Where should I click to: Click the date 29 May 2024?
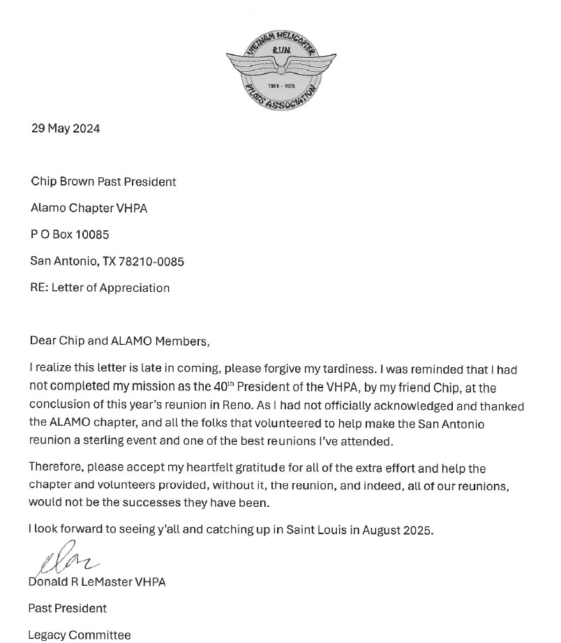coord(66,128)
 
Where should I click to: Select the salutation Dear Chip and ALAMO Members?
coord(119,341)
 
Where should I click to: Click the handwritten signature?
coord(67,563)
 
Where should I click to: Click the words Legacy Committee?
coord(80,635)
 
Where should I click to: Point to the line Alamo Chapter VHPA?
coord(89,208)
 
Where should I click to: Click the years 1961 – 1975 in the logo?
coord(281,85)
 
